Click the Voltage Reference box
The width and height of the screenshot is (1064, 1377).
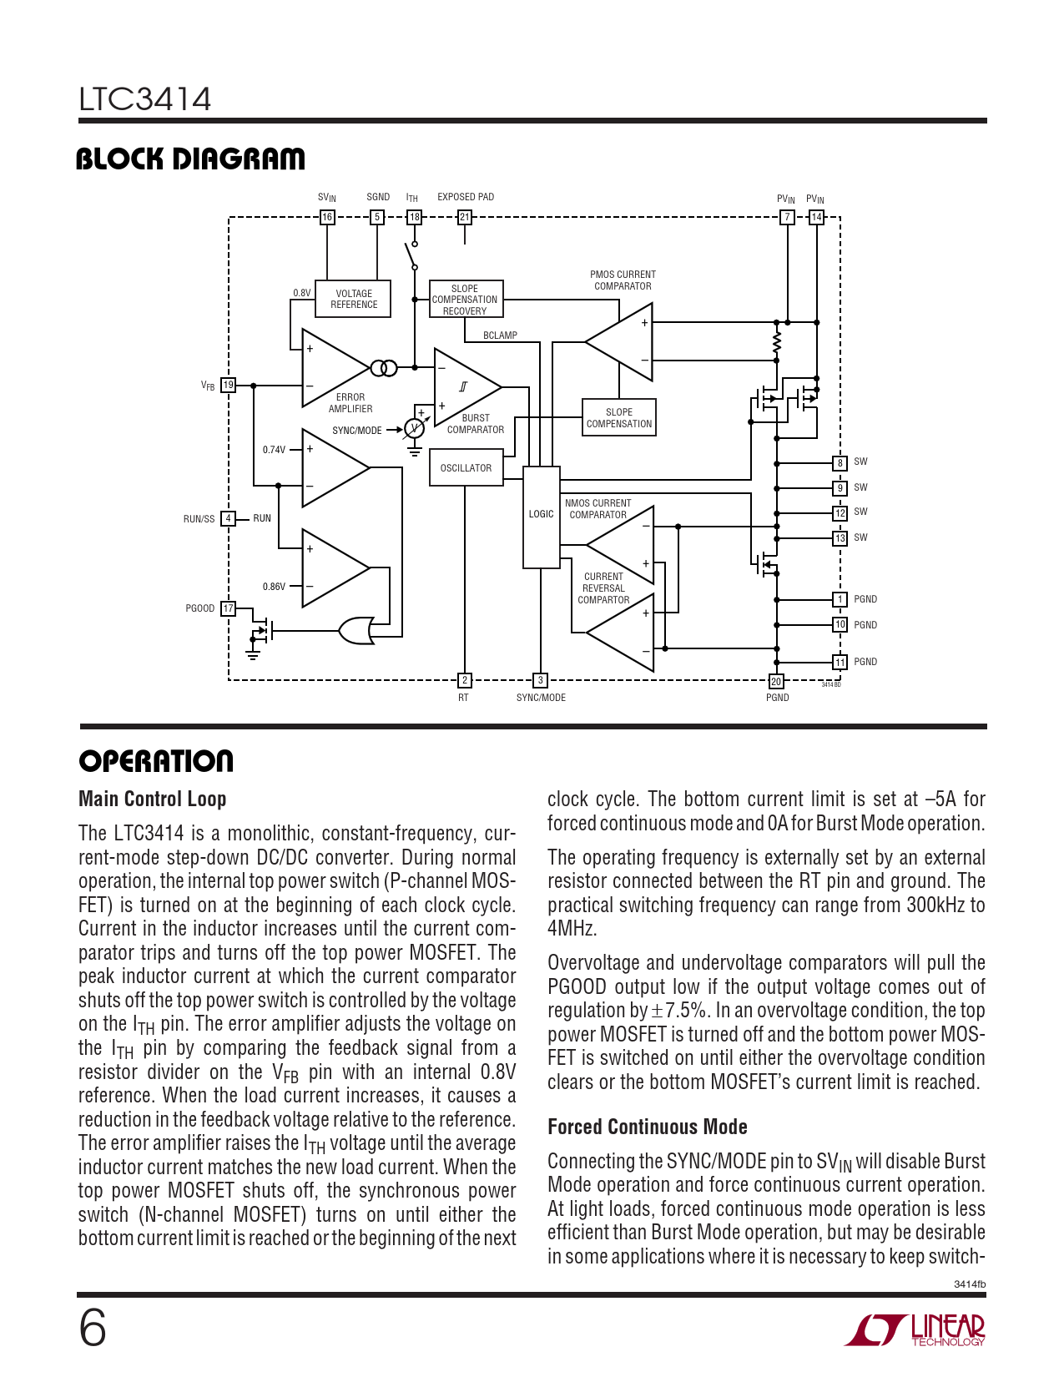pyautogui.click(x=354, y=300)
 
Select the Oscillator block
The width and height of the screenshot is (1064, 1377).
pyautogui.click(x=466, y=468)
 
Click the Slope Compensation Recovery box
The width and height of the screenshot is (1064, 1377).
pyautogui.click(x=466, y=300)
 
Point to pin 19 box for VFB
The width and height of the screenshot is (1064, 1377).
pyautogui.click(x=228, y=386)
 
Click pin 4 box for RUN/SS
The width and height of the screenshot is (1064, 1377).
pyautogui.click(x=228, y=518)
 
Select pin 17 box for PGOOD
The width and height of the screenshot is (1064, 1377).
pyautogui.click(x=228, y=608)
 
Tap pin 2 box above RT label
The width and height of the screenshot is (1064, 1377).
pyautogui.click(x=465, y=681)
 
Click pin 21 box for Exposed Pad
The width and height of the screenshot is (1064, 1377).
pyautogui.click(x=465, y=217)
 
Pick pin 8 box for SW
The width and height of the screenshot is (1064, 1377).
pyautogui.click(x=840, y=463)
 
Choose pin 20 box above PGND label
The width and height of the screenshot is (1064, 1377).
pyautogui.click(x=776, y=682)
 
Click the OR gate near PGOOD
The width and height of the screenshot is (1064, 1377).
pyautogui.click(x=356, y=631)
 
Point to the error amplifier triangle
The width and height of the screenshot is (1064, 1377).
pyautogui.click(x=332, y=368)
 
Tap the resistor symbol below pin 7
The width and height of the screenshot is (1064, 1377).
pyautogui.click(x=777, y=343)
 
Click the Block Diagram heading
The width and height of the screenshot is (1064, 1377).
pyautogui.click(x=190, y=159)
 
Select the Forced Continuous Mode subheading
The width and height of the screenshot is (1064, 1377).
pyautogui.click(x=647, y=1127)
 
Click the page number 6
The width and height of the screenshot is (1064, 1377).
pyautogui.click(x=93, y=1329)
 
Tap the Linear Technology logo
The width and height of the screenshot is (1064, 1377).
pyautogui.click(x=915, y=1330)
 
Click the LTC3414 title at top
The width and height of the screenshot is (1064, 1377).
pyautogui.click(x=145, y=99)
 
